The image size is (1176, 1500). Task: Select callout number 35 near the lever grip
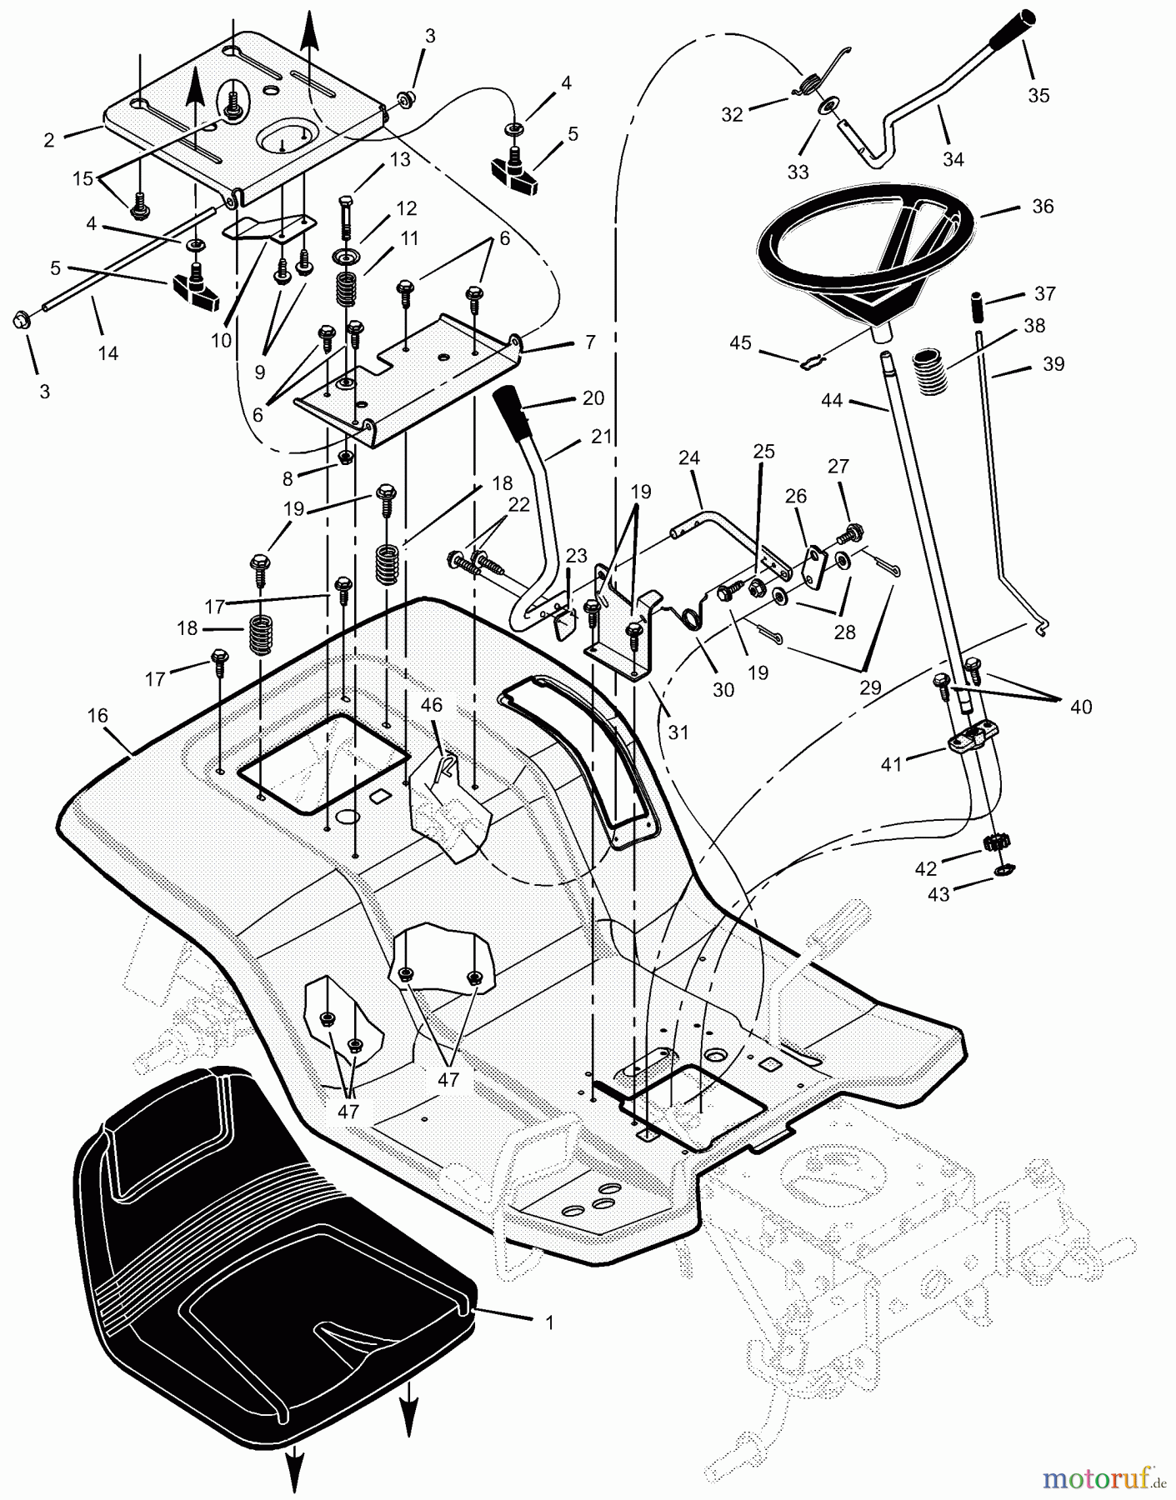point(1038,95)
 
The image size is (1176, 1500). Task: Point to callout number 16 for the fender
point(98,716)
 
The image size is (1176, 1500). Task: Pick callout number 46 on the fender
point(431,705)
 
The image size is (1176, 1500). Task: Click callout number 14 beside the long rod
point(108,352)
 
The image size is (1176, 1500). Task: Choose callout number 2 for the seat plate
point(49,140)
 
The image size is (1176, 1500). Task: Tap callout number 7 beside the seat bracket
point(589,342)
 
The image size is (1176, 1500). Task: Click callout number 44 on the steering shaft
point(832,401)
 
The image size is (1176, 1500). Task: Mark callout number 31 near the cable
point(678,732)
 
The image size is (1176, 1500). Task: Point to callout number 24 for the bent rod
point(688,457)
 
